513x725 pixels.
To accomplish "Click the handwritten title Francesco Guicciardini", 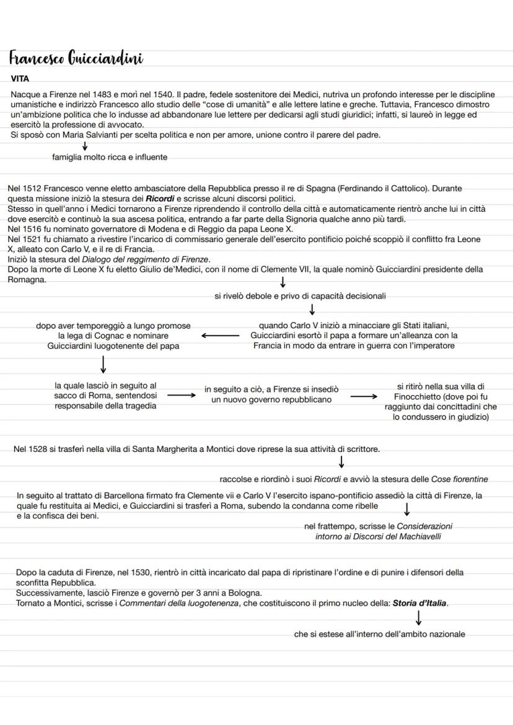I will (76, 59).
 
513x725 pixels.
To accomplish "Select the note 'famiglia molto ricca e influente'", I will (110, 157).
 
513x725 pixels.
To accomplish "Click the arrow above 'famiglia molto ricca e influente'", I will (84, 146).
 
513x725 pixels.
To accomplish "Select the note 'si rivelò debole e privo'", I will (300, 296).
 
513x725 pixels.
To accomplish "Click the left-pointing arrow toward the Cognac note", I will (220, 336).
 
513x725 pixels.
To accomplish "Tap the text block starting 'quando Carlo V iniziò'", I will (354, 336).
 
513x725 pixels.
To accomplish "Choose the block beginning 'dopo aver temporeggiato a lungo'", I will (113, 336).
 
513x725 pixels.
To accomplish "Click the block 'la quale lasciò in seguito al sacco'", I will (106, 396).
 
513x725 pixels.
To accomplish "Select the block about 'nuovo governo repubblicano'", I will (271, 394).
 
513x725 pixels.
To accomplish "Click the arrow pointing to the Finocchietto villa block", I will (363, 396).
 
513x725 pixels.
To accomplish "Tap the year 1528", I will (38, 449).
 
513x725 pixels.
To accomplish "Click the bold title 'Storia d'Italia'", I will (419, 603).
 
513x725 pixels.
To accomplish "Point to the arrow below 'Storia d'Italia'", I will (419, 618).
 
